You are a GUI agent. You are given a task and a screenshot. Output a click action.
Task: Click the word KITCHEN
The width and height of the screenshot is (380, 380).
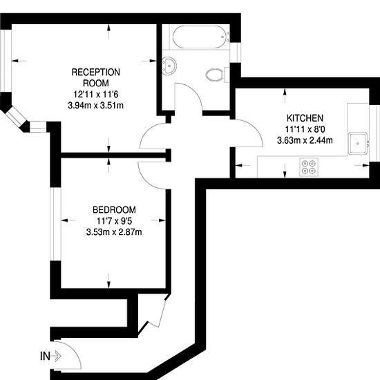pyautogui.click(x=305, y=118)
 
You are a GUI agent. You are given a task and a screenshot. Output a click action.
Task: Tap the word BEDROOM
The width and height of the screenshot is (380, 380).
pyautogui.click(x=114, y=209)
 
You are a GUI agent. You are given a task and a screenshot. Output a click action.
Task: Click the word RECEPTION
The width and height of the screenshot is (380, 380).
pyautogui.click(x=96, y=73)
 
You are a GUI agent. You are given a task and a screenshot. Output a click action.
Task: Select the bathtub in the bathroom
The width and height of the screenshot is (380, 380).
pyautogui.click(x=200, y=37)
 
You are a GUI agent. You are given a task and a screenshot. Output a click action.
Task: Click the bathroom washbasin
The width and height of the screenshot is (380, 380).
pyautogui.click(x=169, y=64)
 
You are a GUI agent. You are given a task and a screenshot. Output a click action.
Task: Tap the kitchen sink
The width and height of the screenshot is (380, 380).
pyautogui.click(x=358, y=143)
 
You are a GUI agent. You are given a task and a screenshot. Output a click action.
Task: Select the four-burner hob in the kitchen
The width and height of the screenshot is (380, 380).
pyautogui.click(x=309, y=167)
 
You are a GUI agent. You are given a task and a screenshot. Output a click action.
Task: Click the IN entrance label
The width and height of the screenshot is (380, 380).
pyautogui.click(x=45, y=357)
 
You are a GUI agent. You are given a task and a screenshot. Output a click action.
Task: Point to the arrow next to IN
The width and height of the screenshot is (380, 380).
pyautogui.click(x=56, y=357)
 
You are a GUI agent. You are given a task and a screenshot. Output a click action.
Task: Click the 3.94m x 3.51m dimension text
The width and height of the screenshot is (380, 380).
pyautogui.click(x=96, y=106)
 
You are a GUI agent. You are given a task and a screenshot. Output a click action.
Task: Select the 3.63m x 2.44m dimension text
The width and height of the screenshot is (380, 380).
pyautogui.click(x=305, y=140)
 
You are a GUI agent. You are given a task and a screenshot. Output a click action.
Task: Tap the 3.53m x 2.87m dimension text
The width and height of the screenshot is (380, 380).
pyautogui.click(x=114, y=232)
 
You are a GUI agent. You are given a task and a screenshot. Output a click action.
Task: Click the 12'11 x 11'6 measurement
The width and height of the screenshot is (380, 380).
pyautogui.click(x=96, y=94)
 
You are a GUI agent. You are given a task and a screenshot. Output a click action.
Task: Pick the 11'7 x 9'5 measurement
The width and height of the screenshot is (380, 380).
pyautogui.click(x=114, y=221)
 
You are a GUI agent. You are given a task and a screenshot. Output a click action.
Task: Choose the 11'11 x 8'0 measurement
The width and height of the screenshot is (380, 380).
pyautogui.click(x=305, y=129)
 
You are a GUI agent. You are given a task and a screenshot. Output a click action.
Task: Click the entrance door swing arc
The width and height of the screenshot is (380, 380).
pyautogui.click(x=75, y=350)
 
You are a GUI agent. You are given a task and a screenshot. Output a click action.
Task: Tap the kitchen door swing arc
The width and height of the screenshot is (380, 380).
pyautogui.click(x=255, y=129)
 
